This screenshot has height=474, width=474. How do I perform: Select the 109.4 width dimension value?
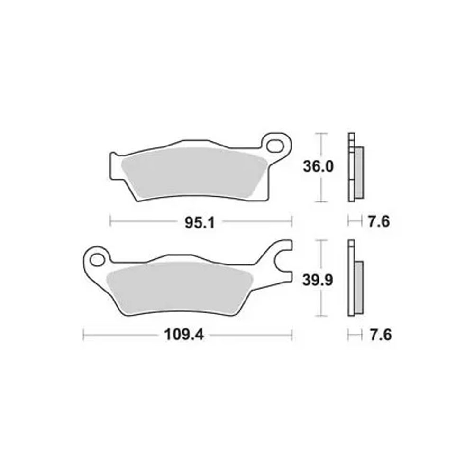[184, 335]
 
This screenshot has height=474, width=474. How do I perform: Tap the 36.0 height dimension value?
[319, 166]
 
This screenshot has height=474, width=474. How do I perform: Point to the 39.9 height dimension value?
[318, 280]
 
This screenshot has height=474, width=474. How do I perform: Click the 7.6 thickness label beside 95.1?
[379, 221]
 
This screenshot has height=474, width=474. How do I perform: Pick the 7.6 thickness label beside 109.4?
[381, 335]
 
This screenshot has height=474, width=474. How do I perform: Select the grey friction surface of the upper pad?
[193, 173]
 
